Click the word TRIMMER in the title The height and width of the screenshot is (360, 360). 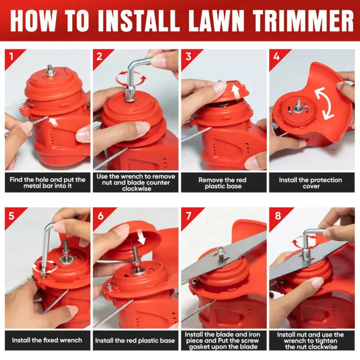tap(303, 21)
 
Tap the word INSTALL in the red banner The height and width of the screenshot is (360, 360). tap(139, 21)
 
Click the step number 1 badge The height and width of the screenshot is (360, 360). tap(12, 56)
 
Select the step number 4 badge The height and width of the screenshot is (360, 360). tap(276, 57)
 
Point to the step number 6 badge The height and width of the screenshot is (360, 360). tap(100, 216)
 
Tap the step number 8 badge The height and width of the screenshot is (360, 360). tap(278, 216)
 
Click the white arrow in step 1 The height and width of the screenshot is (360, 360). tap(54, 121)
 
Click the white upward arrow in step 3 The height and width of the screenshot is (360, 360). tap(235, 91)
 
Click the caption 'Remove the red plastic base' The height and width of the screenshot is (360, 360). tap(223, 183)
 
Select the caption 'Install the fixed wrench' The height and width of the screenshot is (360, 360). tap(47, 340)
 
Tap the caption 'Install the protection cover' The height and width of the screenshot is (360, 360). tap(310, 183)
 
